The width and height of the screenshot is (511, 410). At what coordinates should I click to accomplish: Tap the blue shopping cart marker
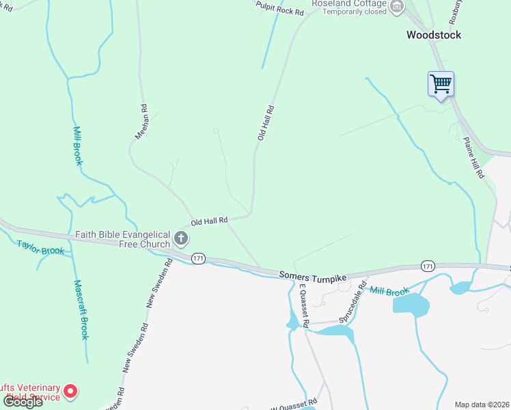pyautogui.click(x=441, y=85)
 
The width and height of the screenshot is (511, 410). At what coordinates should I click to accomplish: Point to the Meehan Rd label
pyautogui.click(x=141, y=122)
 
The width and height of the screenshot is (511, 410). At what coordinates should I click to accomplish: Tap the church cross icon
pyautogui.click(x=181, y=238)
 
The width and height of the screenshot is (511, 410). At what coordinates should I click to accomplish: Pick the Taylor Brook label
pyautogui.click(x=40, y=247)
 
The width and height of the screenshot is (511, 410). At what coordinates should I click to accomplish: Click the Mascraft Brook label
pyautogui.click(x=81, y=310)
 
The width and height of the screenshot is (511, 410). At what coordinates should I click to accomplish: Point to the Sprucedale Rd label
pyautogui.click(x=353, y=301)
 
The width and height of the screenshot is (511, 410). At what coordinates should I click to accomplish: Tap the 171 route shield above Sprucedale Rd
pyautogui.click(x=428, y=265)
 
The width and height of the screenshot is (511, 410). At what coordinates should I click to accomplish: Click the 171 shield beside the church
pyautogui.click(x=198, y=258)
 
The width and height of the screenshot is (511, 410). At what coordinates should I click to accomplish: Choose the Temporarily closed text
pyautogui.click(x=354, y=12)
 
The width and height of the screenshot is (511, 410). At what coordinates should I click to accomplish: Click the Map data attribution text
pyautogui.click(x=482, y=405)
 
